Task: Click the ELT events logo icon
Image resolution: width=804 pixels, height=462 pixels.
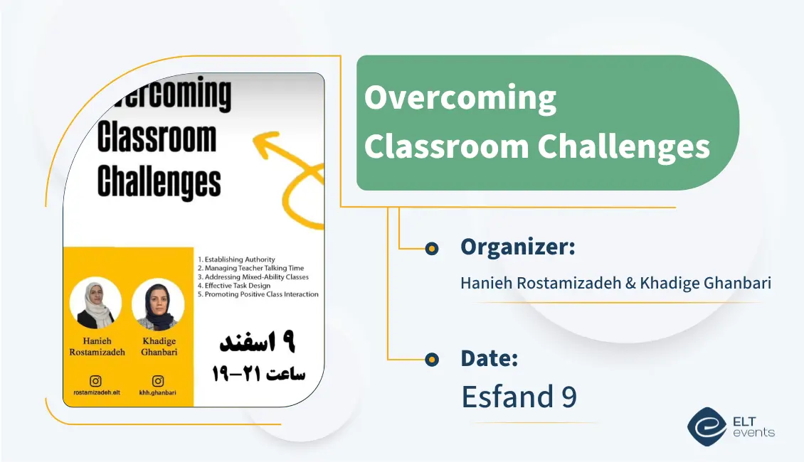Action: pyautogui.click(x=707, y=426)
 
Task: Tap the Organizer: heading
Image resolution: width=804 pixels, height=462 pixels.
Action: pyautogui.click(x=517, y=247)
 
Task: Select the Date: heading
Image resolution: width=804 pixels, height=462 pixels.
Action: pyautogui.click(x=489, y=358)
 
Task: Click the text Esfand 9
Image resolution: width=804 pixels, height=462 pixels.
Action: pyautogui.click(x=519, y=397)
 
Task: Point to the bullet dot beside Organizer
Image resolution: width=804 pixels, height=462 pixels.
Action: pyautogui.click(x=431, y=248)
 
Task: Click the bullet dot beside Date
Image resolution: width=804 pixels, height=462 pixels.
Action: pyautogui.click(x=431, y=360)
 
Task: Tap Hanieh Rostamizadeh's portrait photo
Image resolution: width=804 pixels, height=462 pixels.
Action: pyautogui.click(x=96, y=303)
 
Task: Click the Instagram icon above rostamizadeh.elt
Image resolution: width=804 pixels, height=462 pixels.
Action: pyautogui.click(x=96, y=381)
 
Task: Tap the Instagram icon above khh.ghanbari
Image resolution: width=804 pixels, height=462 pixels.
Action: pyautogui.click(x=158, y=381)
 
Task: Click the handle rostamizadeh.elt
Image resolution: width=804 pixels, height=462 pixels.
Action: pyautogui.click(x=96, y=392)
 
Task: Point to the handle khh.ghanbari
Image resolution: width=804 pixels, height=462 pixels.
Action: pyautogui.click(x=158, y=392)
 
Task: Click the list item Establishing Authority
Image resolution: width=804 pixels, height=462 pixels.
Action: pyautogui.click(x=237, y=259)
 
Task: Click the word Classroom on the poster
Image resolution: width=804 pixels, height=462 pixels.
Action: pyautogui.click(x=157, y=138)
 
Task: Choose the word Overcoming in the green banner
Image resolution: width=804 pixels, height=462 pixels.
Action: pyautogui.click(x=460, y=97)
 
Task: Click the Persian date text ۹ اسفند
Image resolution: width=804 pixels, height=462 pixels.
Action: pyautogui.click(x=256, y=343)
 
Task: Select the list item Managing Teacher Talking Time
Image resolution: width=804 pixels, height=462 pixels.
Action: pyautogui.click(x=250, y=268)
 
